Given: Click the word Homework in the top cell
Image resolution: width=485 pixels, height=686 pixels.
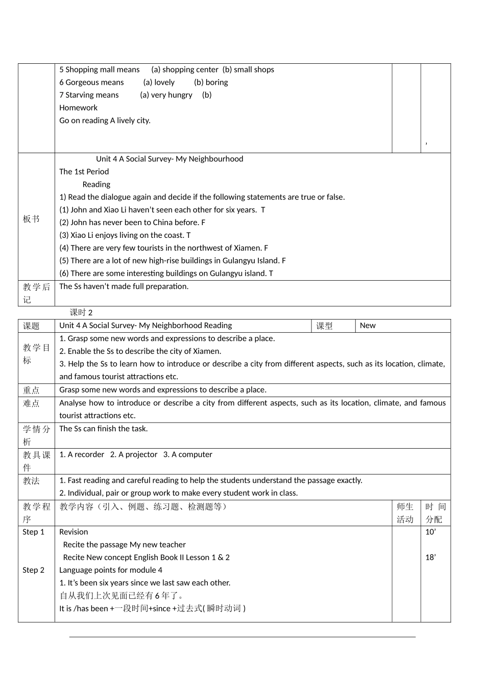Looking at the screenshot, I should pyautogui.click(x=78, y=108).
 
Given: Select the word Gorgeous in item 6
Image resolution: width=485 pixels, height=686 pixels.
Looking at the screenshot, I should pyautogui.click(x=84, y=82).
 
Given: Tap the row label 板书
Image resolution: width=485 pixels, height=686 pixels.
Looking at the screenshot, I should pyautogui.click(x=31, y=219).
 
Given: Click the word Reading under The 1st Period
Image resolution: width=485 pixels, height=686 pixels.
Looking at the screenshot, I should pyautogui.click(x=96, y=184).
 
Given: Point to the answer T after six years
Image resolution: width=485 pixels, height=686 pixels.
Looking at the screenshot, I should pyautogui.click(x=263, y=210).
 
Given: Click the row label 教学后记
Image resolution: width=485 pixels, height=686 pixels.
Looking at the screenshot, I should pyautogui.click(x=36, y=293).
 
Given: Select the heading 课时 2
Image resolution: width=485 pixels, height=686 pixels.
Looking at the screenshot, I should pyautogui.click(x=81, y=312).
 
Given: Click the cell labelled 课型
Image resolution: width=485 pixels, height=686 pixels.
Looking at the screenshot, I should pyautogui.click(x=324, y=326).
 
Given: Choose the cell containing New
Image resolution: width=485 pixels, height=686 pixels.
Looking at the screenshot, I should pyautogui.click(x=368, y=326).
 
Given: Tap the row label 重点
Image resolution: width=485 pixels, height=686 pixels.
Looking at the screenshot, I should pyautogui.click(x=31, y=390).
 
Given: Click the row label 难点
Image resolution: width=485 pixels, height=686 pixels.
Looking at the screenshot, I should pyautogui.click(x=31, y=403).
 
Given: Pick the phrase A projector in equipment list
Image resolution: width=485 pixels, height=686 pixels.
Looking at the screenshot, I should pyautogui.click(x=138, y=454).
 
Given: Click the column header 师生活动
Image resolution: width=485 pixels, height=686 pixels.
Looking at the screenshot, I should pyautogui.click(x=405, y=513).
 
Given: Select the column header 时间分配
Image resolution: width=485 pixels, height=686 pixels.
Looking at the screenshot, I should pyautogui.click(x=435, y=513).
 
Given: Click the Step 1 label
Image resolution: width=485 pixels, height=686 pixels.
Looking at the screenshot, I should pyautogui.click(x=33, y=532).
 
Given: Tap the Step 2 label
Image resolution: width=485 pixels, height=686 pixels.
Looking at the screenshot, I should pyautogui.click(x=33, y=570).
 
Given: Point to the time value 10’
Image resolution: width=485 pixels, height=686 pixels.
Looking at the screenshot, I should pyautogui.click(x=430, y=532).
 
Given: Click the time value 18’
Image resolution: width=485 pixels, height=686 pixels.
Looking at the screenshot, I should pyautogui.click(x=430, y=557).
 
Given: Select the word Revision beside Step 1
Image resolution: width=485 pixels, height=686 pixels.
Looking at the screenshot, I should pyautogui.click(x=74, y=532).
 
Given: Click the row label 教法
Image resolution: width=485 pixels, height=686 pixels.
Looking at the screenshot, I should pyautogui.click(x=31, y=481).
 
